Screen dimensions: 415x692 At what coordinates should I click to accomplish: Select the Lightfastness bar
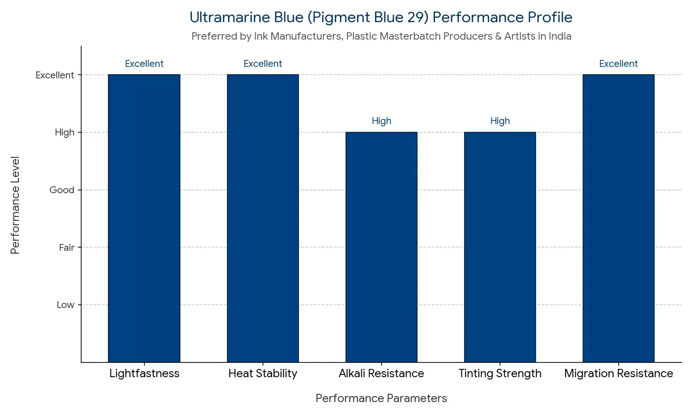144,218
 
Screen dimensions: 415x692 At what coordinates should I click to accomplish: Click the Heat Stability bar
262,218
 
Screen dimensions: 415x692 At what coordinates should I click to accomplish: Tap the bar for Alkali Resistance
381,247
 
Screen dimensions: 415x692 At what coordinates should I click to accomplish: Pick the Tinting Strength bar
500,247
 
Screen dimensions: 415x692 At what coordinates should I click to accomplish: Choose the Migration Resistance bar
618,218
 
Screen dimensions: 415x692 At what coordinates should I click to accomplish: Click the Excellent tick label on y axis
54,75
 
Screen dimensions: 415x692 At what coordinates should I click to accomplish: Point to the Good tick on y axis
62,190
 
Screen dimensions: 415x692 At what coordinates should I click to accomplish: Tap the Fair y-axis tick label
66,248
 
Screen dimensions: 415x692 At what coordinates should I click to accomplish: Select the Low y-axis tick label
65,305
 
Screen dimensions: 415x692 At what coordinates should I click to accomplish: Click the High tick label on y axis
64,133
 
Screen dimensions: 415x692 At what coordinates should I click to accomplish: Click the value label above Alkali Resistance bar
381,121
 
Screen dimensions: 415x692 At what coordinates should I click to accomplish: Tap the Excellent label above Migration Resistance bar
618,64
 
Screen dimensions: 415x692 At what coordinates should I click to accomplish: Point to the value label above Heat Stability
262,64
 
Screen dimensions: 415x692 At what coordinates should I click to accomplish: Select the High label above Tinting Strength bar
500,121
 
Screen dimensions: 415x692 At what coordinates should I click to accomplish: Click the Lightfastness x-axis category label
144,373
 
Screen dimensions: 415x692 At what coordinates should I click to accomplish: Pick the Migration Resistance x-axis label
618,373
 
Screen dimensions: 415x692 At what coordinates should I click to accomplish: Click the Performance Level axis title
15,205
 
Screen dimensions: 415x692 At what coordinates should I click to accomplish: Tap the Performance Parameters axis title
381,398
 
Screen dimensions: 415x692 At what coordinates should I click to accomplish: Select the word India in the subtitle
560,36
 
